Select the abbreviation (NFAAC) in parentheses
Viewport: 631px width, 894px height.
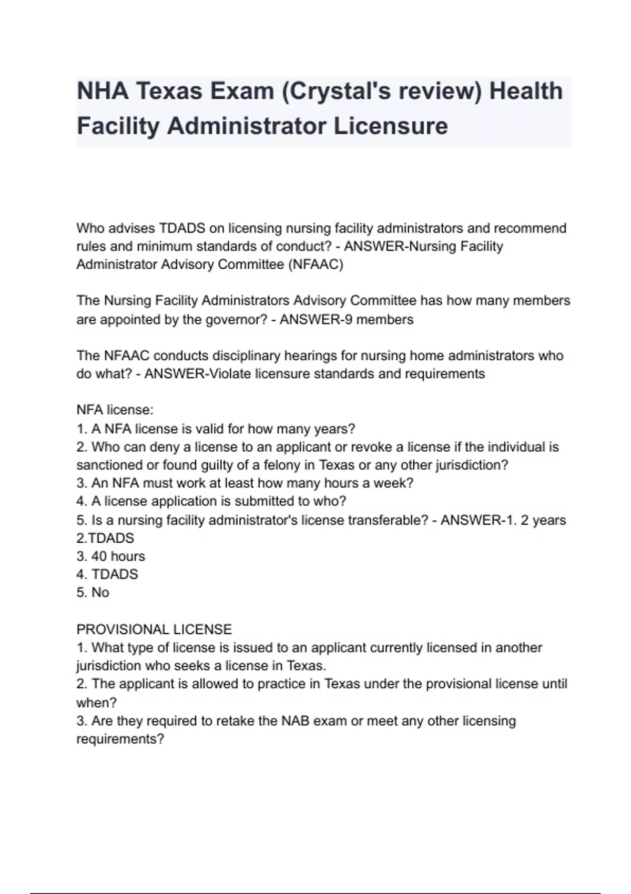tap(315, 265)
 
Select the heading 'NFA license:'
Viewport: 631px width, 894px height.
tap(115, 410)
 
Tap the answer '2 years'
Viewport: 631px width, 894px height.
tap(543, 520)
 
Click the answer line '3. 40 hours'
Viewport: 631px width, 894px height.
tap(110, 556)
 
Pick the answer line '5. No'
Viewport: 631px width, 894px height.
tap(93, 593)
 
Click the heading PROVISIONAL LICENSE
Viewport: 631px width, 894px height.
tap(154, 629)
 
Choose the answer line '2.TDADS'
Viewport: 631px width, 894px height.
tap(105, 539)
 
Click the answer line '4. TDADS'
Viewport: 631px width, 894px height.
tap(107, 574)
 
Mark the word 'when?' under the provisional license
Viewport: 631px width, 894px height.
tap(96, 703)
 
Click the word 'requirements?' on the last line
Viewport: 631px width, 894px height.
tap(120, 739)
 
